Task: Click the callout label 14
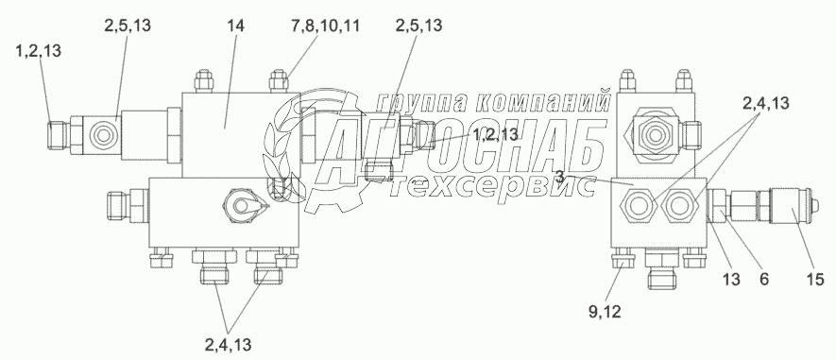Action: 235,26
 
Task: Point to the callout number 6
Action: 764,279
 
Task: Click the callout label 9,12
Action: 606,312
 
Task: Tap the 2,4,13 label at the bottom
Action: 227,345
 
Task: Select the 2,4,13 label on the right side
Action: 765,104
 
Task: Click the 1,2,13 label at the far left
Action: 39,51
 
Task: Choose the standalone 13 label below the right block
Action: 731,279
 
